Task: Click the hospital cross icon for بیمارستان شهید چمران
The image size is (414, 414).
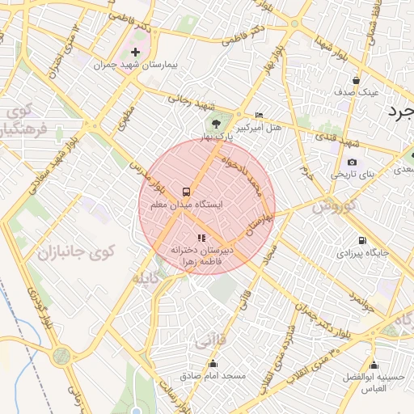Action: tap(135, 52)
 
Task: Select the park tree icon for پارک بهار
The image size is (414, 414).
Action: tap(216, 124)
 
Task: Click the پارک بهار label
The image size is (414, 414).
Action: tap(216, 137)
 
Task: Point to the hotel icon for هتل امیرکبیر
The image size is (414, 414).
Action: tap(259, 116)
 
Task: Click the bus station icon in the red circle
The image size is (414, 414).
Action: tap(187, 192)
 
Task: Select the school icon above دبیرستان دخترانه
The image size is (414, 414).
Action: tap(201, 238)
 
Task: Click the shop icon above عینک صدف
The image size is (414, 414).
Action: tap(356, 79)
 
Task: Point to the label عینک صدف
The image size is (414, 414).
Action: tap(357, 92)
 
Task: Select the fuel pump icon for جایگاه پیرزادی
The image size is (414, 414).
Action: tap(361, 240)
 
